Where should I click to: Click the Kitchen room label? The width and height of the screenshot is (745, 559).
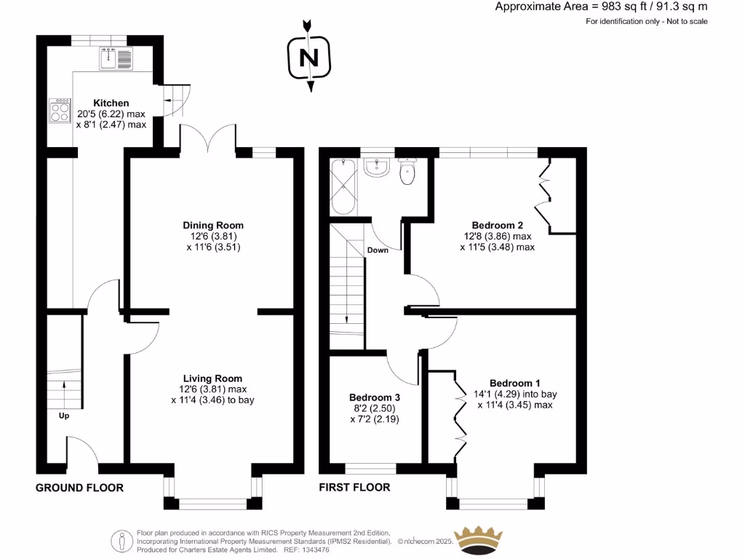[111, 103]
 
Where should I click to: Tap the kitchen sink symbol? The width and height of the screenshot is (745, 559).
[116, 58]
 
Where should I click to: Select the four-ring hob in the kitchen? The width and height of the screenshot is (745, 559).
[60, 110]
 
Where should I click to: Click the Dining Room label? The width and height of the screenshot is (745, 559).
[212, 226]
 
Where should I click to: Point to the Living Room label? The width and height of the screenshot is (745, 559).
[212, 378]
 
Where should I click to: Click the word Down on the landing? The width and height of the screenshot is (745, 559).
[378, 250]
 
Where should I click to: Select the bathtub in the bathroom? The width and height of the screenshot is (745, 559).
[342, 187]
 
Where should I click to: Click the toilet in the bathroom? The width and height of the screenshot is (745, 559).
[407, 172]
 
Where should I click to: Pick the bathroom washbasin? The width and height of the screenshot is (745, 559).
[377, 168]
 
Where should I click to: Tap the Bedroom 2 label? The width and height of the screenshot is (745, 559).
[497, 226]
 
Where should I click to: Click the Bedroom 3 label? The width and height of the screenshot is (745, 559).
[375, 397]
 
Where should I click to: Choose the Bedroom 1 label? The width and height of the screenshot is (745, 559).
[514, 384]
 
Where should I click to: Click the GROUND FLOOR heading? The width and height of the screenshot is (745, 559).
[79, 488]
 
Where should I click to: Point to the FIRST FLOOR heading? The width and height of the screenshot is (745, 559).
[354, 488]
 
